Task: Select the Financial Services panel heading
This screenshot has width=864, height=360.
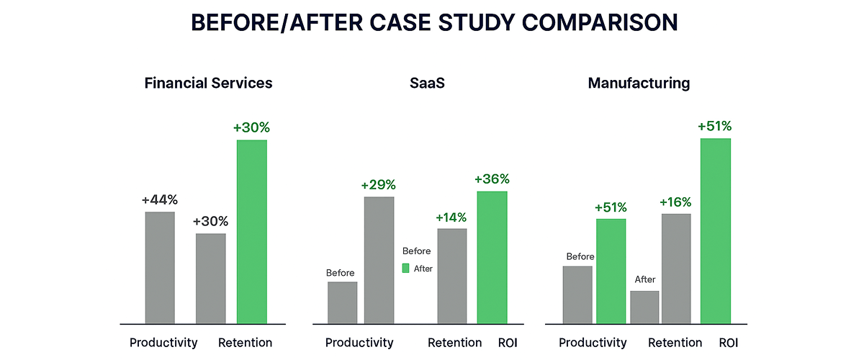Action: coord(208,83)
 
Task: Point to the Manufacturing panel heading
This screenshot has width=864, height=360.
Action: coord(639,83)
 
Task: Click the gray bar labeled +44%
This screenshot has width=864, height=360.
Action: coord(160,268)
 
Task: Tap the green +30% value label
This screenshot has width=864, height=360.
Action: coord(251,127)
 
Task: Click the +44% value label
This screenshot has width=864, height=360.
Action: coord(160,199)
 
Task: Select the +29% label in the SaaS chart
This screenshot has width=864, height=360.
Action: coord(379,185)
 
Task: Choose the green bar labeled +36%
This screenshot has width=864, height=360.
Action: coord(492,258)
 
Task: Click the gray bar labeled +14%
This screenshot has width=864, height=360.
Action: coord(451,276)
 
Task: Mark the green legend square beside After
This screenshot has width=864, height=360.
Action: coord(405,268)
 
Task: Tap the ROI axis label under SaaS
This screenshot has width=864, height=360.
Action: coord(508,343)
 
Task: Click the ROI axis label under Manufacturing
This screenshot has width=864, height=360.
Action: coord(728,343)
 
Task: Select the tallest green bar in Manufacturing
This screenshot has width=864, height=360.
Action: coord(715,231)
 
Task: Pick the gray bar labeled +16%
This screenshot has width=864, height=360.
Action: coord(676,269)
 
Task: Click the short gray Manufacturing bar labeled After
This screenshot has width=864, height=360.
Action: coord(644,307)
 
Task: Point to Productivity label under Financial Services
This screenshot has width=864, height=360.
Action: coord(163,343)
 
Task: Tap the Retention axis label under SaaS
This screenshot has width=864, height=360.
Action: coord(454,343)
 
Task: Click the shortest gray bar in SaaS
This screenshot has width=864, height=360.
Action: coord(342,303)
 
